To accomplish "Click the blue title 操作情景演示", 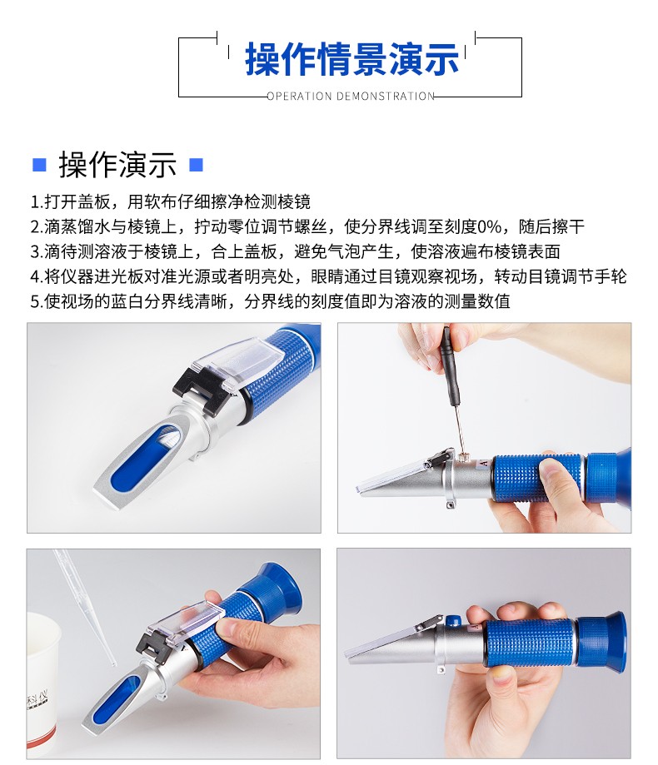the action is [351, 60].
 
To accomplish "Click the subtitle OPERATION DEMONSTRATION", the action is [351, 96].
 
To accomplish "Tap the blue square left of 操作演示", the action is [39, 165].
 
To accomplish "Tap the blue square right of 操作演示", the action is [196, 165].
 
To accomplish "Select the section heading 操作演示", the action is [117, 165].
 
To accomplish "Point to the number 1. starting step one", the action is [37, 201].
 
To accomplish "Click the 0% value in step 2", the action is [489, 226].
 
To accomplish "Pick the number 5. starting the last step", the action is [37, 301].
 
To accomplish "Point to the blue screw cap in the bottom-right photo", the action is [453, 621].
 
